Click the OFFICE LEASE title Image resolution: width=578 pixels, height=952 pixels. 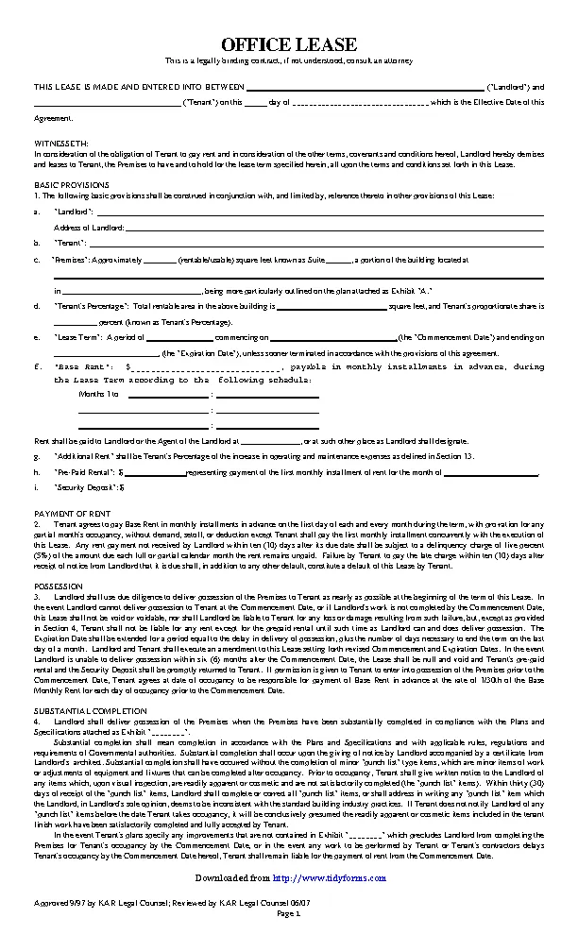[289, 44]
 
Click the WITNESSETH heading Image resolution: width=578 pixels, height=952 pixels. [58, 141]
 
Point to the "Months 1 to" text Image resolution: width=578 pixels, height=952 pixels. [99, 394]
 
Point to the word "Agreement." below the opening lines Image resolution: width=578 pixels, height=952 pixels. [53, 119]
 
